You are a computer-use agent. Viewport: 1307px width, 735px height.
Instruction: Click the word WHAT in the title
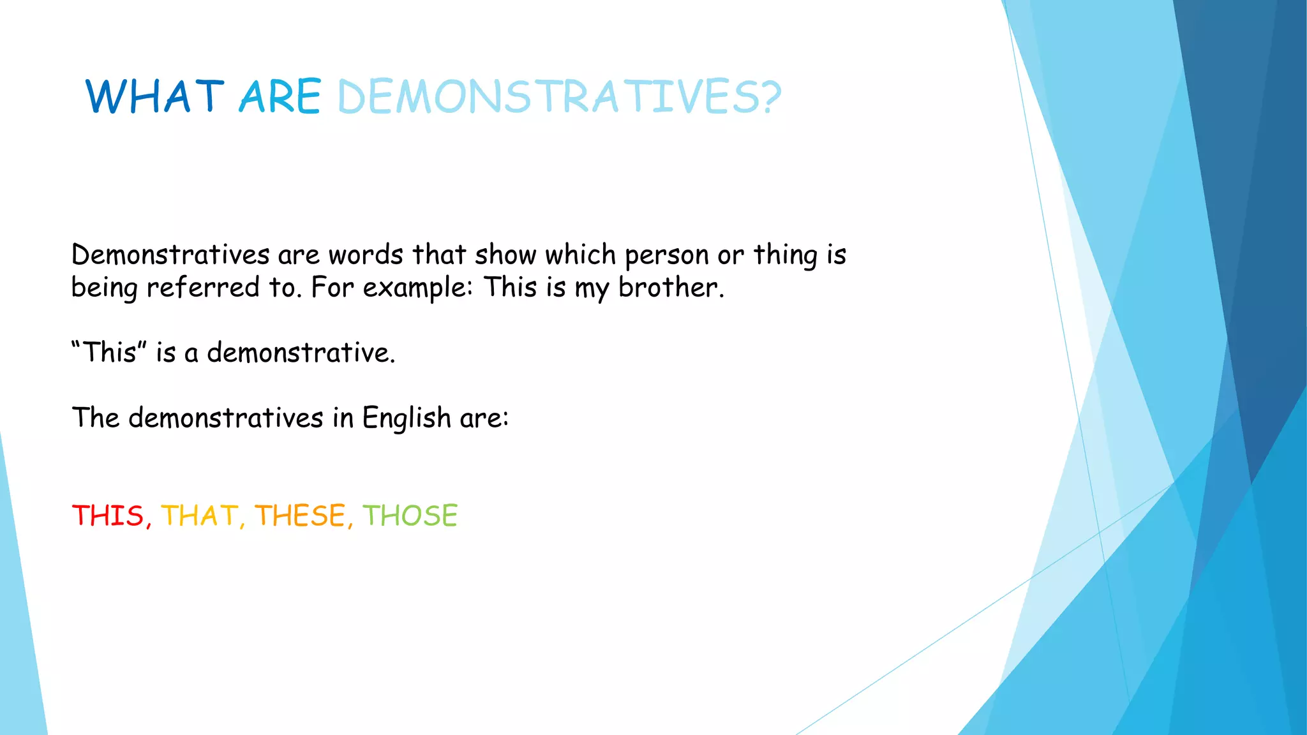155,97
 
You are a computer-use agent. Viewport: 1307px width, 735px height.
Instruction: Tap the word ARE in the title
280,97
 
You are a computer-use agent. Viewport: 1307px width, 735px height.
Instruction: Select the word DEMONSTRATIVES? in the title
559,97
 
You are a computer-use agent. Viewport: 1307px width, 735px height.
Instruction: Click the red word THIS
108,516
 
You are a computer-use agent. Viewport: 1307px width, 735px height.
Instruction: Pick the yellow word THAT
199,516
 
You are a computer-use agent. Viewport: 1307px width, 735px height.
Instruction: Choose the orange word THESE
300,516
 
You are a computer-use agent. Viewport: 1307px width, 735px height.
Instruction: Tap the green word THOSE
410,516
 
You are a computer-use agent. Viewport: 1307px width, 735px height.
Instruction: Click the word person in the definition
666,255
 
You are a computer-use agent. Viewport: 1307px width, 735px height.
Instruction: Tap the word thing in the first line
785,255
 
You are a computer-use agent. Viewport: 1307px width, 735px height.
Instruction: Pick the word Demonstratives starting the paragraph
170,255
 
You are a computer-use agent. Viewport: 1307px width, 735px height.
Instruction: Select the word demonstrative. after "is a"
301,352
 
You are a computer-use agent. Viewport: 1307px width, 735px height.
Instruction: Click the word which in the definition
580,255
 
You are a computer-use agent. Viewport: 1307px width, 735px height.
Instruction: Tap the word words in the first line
366,255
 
